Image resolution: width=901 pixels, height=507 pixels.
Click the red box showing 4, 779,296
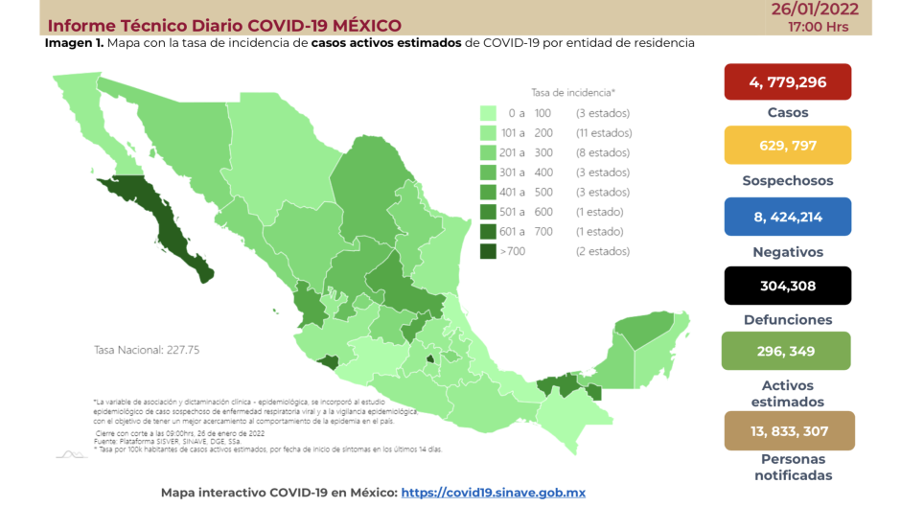(x=787, y=81)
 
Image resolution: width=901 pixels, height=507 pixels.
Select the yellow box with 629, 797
(x=787, y=145)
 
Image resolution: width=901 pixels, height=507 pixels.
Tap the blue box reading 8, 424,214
(x=787, y=217)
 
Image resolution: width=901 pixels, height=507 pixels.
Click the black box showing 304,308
(x=787, y=285)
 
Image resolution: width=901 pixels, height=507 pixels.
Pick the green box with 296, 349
(x=787, y=351)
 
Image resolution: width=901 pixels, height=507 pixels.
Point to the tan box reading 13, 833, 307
(x=787, y=430)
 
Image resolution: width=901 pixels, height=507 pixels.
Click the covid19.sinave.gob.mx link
(x=493, y=493)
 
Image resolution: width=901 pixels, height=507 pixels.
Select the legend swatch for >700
(x=489, y=251)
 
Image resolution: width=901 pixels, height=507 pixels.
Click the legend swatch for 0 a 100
(x=489, y=113)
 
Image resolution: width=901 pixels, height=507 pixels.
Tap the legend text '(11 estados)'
(x=603, y=133)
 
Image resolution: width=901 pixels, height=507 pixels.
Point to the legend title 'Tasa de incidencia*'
(x=572, y=92)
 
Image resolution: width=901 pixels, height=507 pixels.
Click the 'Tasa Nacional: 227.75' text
(x=146, y=350)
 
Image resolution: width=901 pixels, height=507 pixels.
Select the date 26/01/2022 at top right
(x=815, y=10)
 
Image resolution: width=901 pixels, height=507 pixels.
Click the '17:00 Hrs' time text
(x=818, y=27)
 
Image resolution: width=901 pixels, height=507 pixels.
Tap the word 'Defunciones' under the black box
(x=787, y=320)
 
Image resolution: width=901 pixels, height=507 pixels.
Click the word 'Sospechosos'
(x=787, y=180)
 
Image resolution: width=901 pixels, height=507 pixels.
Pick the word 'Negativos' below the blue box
(x=787, y=252)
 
